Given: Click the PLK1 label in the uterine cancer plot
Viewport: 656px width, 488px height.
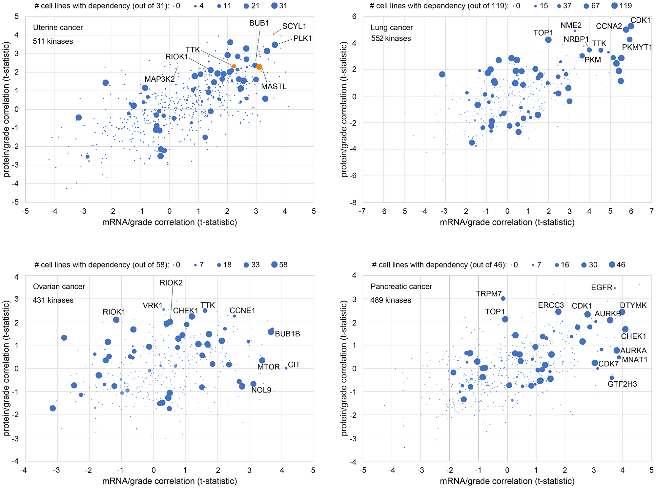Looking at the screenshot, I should pyautogui.click(x=302, y=38).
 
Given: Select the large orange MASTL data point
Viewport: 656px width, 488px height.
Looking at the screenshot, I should pyautogui.click(x=259, y=67).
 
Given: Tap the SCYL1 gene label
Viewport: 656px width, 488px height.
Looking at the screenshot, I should pyautogui.click(x=294, y=26).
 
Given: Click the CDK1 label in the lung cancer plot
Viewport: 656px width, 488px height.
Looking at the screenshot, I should pyautogui.click(x=641, y=20).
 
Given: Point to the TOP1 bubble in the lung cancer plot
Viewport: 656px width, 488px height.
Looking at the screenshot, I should pyautogui.click(x=548, y=40).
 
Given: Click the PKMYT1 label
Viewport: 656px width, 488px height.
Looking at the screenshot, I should pyautogui.click(x=637, y=47).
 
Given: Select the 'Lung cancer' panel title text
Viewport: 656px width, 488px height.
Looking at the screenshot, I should pyautogui.click(x=392, y=28).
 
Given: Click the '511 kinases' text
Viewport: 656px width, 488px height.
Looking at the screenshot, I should pyautogui.click(x=53, y=41).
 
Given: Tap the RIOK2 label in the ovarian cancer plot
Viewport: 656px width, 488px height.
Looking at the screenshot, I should pyautogui.click(x=171, y=283).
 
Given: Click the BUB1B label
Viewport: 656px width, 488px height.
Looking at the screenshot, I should pyautogui.click(x=287, y=334).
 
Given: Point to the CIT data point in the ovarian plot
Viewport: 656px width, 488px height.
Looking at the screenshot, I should pyautogui.click(x=286, y=368).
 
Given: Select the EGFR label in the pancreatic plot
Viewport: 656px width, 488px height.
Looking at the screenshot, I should pyautogui.click(x=602, y=288).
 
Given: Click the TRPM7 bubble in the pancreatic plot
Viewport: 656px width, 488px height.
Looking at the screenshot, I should pyautogui.click(x=503, y=298).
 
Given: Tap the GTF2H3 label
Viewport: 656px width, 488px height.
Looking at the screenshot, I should pyautogui.click(x=622, y=384).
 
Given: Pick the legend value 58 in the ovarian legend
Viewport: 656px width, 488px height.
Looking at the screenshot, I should pyautogui.click(x=283, y=265).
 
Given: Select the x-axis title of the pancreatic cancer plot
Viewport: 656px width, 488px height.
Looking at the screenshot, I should pyautogui.click(x=507, y=481).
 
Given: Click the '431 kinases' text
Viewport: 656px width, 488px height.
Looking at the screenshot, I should pyautogui.click(x=53, y=300).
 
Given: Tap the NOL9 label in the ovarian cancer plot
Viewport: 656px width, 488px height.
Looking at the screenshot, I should pyautogui.click(x=261, y=390).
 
